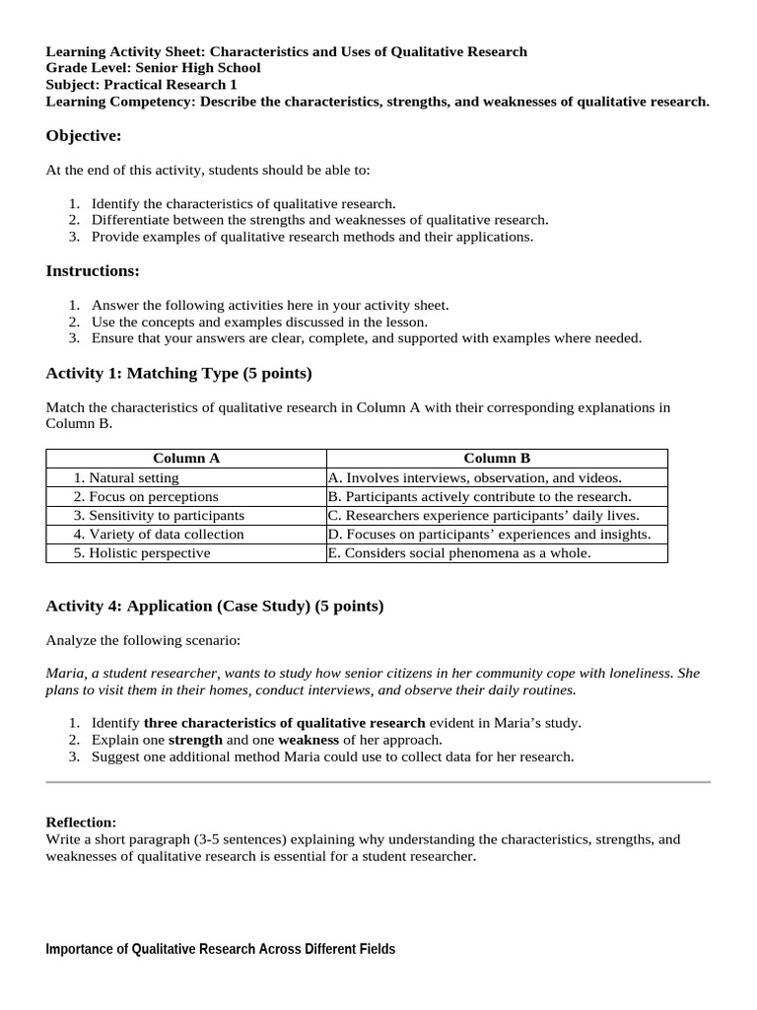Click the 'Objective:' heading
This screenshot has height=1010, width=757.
pyautogui.click(x=84, y=135)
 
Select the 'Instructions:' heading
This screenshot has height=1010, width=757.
pyautogui.click(x=93, y=270)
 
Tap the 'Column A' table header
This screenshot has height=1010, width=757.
pyautogui.click(x=186, y=458)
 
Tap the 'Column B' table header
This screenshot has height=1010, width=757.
pyautogui.click(x=497, y=458)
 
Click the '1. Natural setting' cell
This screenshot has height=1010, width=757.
pyautogui.click(x=126, y=477)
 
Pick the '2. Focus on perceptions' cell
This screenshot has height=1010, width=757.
pyautogui.click(x=146, y=496)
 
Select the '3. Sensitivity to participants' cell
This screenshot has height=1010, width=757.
pyautogui.click(x=159, y=515)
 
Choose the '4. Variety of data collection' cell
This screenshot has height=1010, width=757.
pyautogui.click(x=159, y=534)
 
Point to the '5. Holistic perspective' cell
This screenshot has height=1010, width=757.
pyautogui.click(x=142, y=552)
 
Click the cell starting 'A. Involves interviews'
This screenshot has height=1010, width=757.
pyautogui.click(x=475, y=477)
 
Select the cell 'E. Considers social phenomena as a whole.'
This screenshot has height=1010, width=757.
pyautogui.click(x=459, y=552)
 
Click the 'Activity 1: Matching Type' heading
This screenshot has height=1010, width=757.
pyautogui.click(x=178, y=373)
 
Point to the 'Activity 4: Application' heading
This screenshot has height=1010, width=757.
pyautogui.click(x=215, y=606)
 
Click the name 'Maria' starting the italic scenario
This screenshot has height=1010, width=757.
pyautogui.click(x=65, y=673)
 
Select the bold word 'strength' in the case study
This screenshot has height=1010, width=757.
pyautogui.click(x=195, y=739)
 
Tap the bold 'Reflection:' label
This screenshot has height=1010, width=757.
pyautogui.click(x=81, y=822)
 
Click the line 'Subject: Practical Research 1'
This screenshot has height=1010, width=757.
pyautogui.click(x=142, y=85)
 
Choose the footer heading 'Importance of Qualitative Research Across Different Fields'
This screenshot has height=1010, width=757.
pyautogui.click(x=221, y=949)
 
